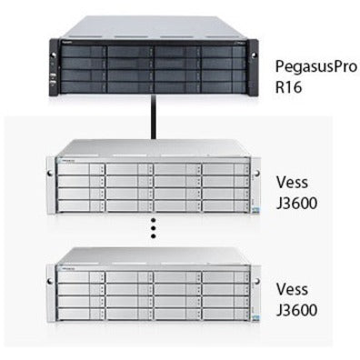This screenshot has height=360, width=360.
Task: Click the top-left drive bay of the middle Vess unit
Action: (x=77, y=169)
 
